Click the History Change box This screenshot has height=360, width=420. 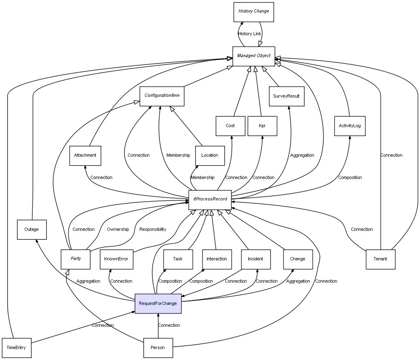(x=254, y=12)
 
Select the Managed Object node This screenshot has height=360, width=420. (x=254, y=56)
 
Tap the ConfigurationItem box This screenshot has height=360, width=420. (x=162, y=96)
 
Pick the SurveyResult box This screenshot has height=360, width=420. (x=286, y=96)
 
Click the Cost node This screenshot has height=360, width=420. (x=230, y=126)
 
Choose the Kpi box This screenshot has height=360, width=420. (x=262, y=126)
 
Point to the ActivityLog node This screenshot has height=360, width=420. (x=350, y=126)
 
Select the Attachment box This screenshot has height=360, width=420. (x=85, y=156)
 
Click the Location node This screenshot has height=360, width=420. (x=209, y=156)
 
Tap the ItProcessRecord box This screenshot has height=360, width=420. (x=210, y=200)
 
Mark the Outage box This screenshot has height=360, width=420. (x=32, y=230)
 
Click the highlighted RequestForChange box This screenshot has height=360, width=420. (x=158, y=304)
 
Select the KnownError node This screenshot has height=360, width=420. (x=116, y=259)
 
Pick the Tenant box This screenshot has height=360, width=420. (x=380, y=259)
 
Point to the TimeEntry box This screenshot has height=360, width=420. (x=16, y=348)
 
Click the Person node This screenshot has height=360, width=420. (x=158, y=348)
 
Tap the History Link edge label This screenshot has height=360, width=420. (x=249, y=34)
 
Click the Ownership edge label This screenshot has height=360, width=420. (x=118, y=230)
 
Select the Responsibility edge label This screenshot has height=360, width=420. (x=153, y=230)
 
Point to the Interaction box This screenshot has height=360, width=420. (x=217, y=259)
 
